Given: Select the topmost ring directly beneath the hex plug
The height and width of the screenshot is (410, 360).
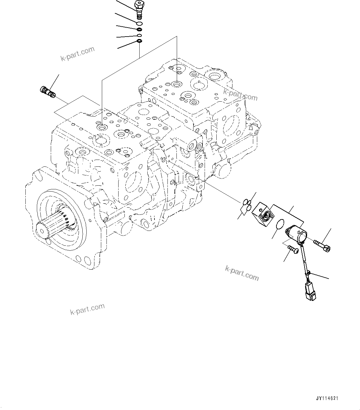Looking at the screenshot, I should (x=139, y=23).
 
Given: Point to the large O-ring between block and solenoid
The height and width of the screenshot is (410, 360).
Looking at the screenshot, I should (x=280, y=224).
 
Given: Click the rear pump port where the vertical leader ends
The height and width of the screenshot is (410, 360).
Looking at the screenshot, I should (x=177, y=84).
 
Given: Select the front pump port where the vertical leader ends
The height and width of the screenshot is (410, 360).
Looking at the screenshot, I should (x=102, y=127).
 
